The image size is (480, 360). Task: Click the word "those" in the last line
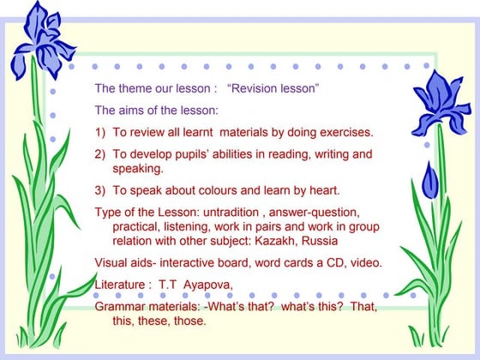click(191, 321)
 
